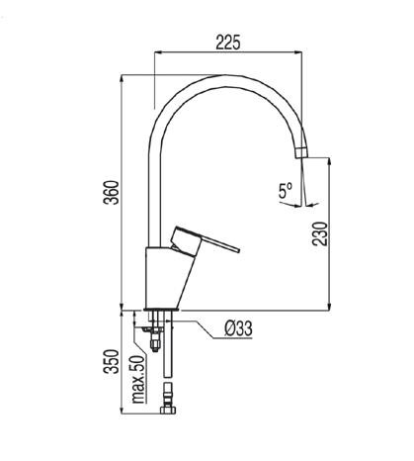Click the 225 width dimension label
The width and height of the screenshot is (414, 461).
point(228,43)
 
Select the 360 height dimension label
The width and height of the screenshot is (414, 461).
point(111,193)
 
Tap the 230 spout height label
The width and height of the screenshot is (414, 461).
point(320,233)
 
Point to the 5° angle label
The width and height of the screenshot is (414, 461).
point(286,191)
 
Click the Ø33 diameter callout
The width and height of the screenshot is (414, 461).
point(239,328)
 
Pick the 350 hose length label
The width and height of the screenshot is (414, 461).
point(112,361)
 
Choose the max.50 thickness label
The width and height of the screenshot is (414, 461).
point(138,379)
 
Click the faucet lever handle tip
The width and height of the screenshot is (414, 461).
point(238,250)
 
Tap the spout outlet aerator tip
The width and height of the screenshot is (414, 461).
point(301,153)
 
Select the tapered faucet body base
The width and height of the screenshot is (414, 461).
point(166,278)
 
